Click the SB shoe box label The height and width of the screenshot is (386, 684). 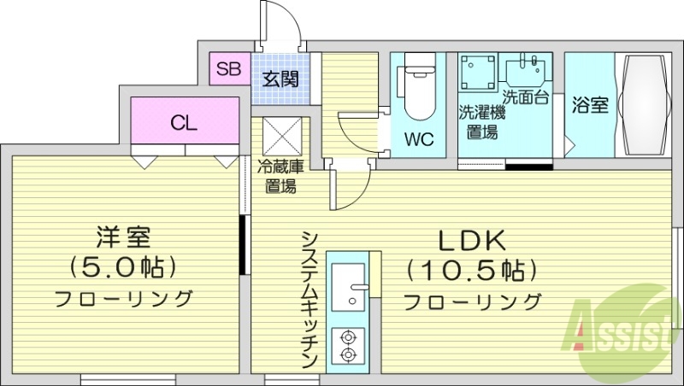pos(227,69)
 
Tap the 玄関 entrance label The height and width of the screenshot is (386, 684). pos(279,81)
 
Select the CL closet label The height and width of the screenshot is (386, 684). pos(184,123)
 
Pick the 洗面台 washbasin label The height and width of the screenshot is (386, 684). pos(526,95)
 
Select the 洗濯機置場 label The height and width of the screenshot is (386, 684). pos(482,121)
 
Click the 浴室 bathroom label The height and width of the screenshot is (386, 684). pos(589,106)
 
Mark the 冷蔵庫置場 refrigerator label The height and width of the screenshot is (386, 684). pos(280,177)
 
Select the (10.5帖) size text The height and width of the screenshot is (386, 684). pos(473,272)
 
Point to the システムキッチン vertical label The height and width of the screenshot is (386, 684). pos(310,298)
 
